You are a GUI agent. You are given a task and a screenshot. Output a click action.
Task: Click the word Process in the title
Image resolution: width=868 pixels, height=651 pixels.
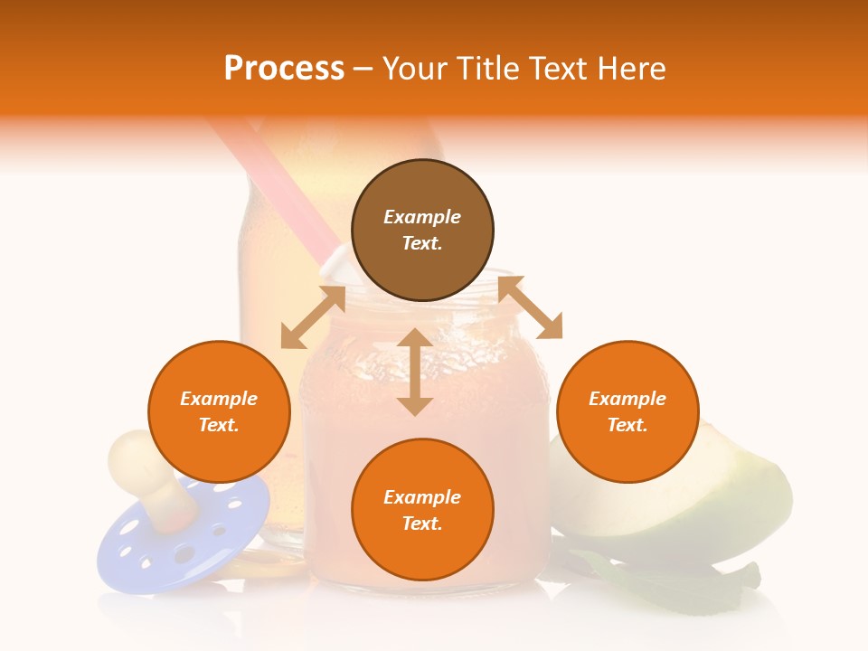(284, 69)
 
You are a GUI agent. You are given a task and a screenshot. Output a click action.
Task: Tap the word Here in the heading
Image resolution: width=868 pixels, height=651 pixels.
(630, 69)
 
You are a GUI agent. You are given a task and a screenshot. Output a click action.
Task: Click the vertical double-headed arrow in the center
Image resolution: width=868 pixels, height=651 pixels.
(415, 372)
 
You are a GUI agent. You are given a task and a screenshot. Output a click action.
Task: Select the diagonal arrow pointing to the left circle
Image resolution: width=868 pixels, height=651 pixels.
(313, 317)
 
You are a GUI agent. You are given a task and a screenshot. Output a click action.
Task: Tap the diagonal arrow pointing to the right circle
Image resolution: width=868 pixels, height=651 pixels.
(530, 308)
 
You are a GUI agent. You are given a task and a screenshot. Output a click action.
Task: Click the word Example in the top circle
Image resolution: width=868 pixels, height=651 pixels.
(422, 217)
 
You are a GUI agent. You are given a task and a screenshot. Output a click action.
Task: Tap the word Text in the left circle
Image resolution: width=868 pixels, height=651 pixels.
(219, 425)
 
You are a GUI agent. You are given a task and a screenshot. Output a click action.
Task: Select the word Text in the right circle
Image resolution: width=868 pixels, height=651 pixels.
(627, 425)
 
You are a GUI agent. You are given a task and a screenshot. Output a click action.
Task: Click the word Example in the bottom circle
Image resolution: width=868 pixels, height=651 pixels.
(422, 497)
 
